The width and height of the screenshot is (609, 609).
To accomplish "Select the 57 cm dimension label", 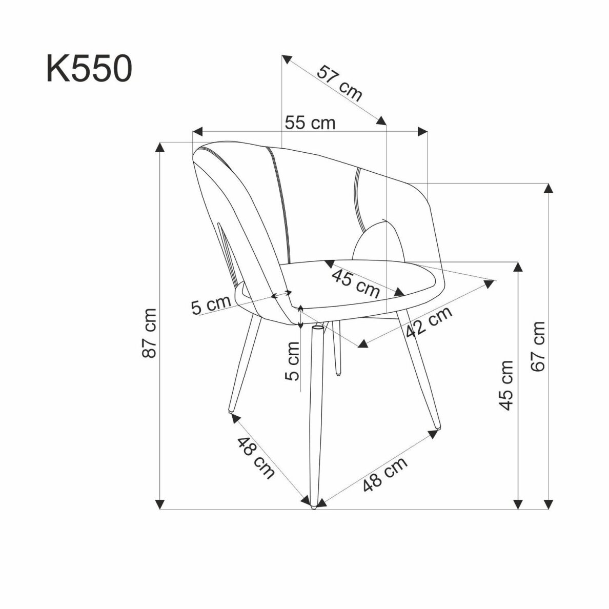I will (x=339, y=84).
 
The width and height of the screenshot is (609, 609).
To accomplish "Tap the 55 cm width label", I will (x=310, y=123).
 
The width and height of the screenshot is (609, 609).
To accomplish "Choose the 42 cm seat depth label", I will (x=429, y=322).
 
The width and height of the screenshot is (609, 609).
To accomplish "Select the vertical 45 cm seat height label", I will (x=506, y=384).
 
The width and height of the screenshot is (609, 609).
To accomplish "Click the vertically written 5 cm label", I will (x=292, y=361).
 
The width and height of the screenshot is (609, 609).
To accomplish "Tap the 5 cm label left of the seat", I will (x=211, y=306).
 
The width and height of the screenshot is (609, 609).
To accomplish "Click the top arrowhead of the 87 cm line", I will (x=160, y=148).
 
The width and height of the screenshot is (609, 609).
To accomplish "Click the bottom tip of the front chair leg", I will (x=313, y=506).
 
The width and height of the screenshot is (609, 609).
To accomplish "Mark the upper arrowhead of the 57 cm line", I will (x=287, y=58).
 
